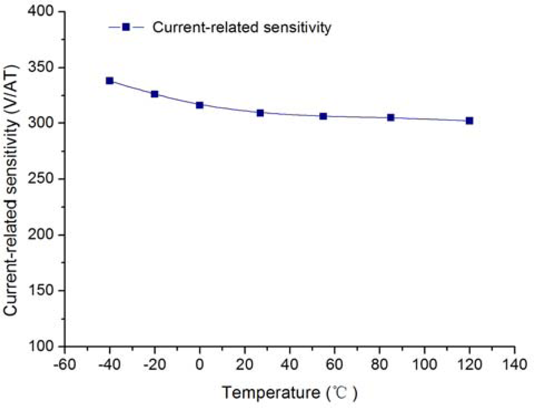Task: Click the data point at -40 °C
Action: [x=110, y=81]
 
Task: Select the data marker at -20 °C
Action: [x=154, y=94]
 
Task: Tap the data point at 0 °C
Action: [x=200, y=105]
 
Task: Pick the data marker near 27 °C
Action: [x=260, y=113]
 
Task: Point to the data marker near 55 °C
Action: [x=323, y=116]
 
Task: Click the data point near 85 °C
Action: [x=391, y=118]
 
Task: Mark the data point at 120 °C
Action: [x=469, y=121]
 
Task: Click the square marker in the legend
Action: [x=126, y=27]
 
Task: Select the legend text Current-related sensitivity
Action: [x=242, y=27]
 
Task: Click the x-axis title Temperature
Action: [x=271, y=393]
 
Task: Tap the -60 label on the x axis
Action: [x=64, y=364]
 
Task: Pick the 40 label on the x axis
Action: [x=289, y=364]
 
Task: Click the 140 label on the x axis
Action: [x=514, y=364]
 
